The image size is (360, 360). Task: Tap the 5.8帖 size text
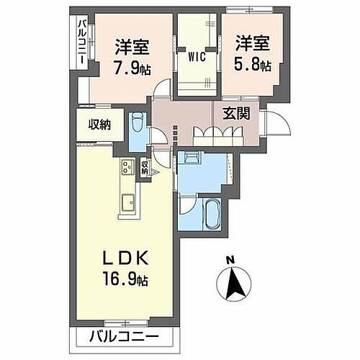point(252,66)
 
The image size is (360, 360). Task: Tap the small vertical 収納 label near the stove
point(145,167)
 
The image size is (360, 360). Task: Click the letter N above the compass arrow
point(230,260)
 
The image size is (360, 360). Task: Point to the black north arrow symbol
point(233,284)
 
